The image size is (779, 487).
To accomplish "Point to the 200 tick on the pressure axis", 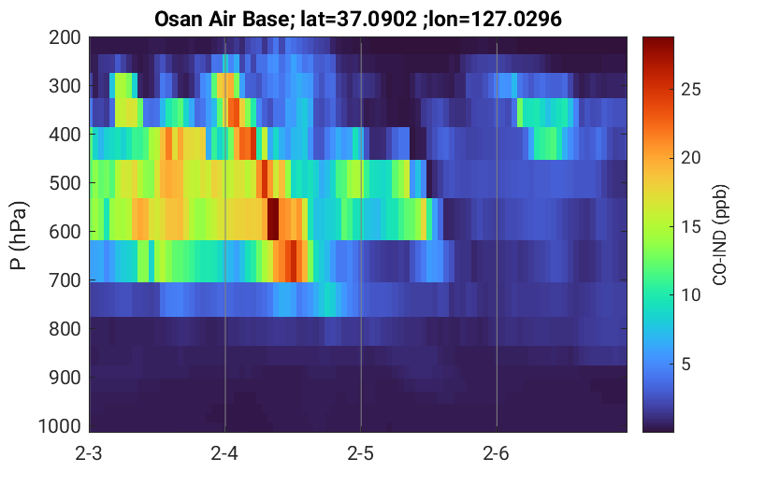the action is click(65, 37).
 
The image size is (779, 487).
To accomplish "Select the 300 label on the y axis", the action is click(65, 86).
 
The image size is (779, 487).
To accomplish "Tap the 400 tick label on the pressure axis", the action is click(65, 135).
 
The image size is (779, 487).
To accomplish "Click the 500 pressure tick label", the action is click(65, 183).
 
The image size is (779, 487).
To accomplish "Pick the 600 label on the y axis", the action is click(65, 232).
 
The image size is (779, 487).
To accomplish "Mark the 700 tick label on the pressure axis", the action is click(65, 280).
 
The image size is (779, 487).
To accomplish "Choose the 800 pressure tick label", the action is click(65, 329).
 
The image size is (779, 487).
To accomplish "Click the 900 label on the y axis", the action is click(65, 378).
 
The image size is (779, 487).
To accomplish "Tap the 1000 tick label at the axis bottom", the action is click(60, 426).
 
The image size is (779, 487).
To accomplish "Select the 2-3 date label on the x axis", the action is click(89, 453).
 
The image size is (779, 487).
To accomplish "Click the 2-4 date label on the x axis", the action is click(224, 453).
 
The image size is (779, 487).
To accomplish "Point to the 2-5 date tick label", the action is click(361, 453).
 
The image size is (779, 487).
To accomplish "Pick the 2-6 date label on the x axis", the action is click(497, 453).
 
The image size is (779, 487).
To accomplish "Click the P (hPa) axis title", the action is click(19, 236).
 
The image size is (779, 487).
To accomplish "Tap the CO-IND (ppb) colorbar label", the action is click(720, 236).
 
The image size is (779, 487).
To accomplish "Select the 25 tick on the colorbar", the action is click(690, 90).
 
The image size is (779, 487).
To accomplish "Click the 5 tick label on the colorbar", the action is click(686, 365).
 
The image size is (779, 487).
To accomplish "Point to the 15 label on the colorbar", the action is click(690, 227).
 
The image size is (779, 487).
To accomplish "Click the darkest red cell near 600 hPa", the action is click(273, 219).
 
